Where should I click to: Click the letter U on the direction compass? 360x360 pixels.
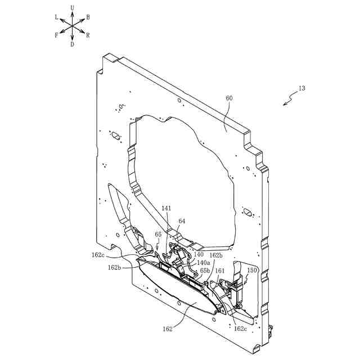[x=73, y=7]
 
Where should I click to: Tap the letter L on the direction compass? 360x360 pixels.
[x=57, y=17]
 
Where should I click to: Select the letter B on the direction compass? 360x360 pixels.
[x=88, y=17]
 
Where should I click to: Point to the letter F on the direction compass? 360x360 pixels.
[x=57, y=35]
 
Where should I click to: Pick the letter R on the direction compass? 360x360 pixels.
[x=88, y=35]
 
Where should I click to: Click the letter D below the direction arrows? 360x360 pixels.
[x=73, y=44]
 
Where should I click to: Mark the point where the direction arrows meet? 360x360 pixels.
[x=73, y=26]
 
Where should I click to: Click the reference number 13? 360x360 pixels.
[x=302, y=88]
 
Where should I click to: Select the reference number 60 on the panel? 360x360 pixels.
[x=229, y=98]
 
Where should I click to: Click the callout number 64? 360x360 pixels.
[x=182, y=221]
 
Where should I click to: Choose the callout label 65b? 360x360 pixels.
[x=205, y=271]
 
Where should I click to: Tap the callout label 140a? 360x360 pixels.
[x=203, y=263]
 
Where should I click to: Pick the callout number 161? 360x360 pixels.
[x=220, y=271]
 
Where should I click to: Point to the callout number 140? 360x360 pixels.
[x=199, y=254]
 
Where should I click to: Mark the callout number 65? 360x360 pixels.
[x=158, y=235]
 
